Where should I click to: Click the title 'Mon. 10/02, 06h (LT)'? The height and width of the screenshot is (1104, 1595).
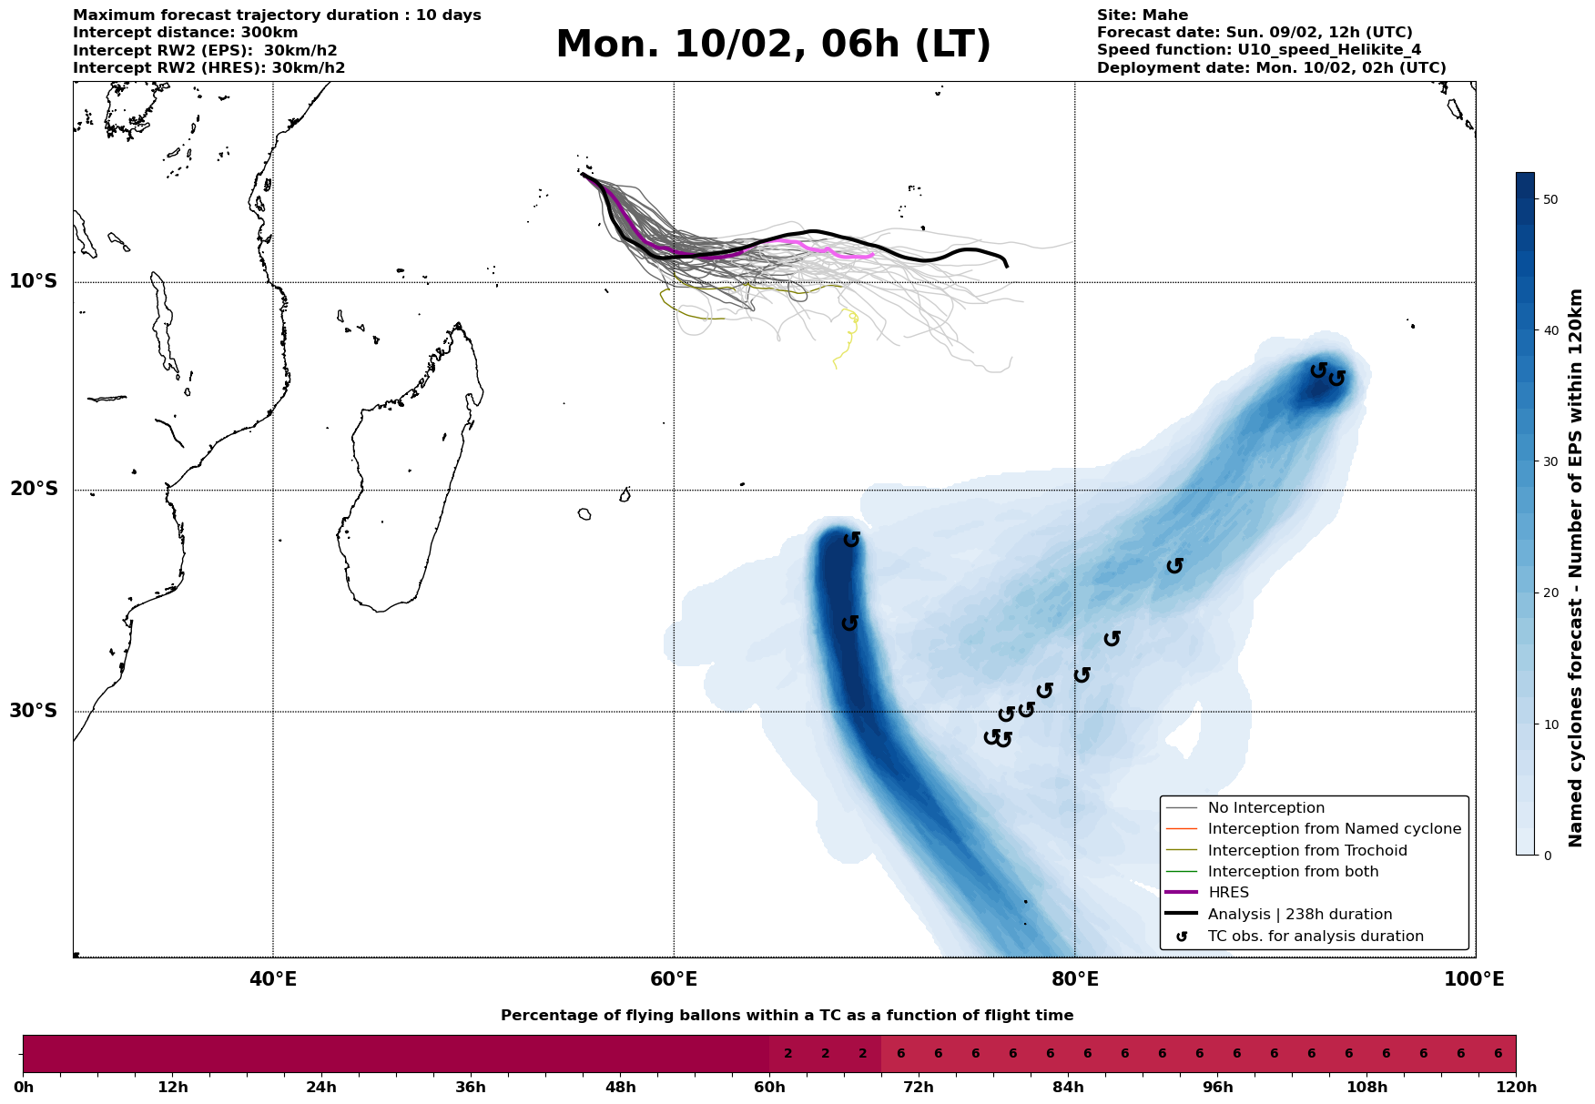[x=773, y=45]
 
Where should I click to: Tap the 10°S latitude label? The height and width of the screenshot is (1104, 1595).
[x=34, y=281]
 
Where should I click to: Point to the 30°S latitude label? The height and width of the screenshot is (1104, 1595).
[x=34, y=711]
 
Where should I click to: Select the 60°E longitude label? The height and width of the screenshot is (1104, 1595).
[x=674, y=980]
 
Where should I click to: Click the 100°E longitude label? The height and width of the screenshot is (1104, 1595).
[x=1475, y=980]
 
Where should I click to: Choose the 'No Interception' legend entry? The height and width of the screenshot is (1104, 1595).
[x=1265, y=808]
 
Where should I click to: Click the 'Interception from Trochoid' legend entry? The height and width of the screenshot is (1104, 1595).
[x=1306, y=851]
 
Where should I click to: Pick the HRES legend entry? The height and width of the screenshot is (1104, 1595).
[x=1228, y=893]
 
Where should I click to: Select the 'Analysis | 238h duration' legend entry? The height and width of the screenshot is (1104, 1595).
[x=1299, y=915]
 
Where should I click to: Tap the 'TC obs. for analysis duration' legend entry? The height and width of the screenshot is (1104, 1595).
[x=1315, y=937]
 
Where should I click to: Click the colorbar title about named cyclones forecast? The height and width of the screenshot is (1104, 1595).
[x=1577, y=568]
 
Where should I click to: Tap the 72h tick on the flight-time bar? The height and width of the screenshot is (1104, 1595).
[x=919, y=1088]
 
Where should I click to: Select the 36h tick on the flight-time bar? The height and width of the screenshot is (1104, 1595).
[x=471, y=1088]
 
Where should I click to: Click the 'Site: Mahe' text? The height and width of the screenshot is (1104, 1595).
[x=1142, y=15]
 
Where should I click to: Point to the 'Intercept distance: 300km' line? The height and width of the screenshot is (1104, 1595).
[x=185, y=33]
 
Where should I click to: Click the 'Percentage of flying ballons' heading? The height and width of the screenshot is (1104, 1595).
[x=787, y=1016]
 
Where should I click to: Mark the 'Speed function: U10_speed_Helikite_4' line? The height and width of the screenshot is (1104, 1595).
[x=1258, y=50]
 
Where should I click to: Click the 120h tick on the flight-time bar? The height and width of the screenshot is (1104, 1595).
[x=1516, y=1088]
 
